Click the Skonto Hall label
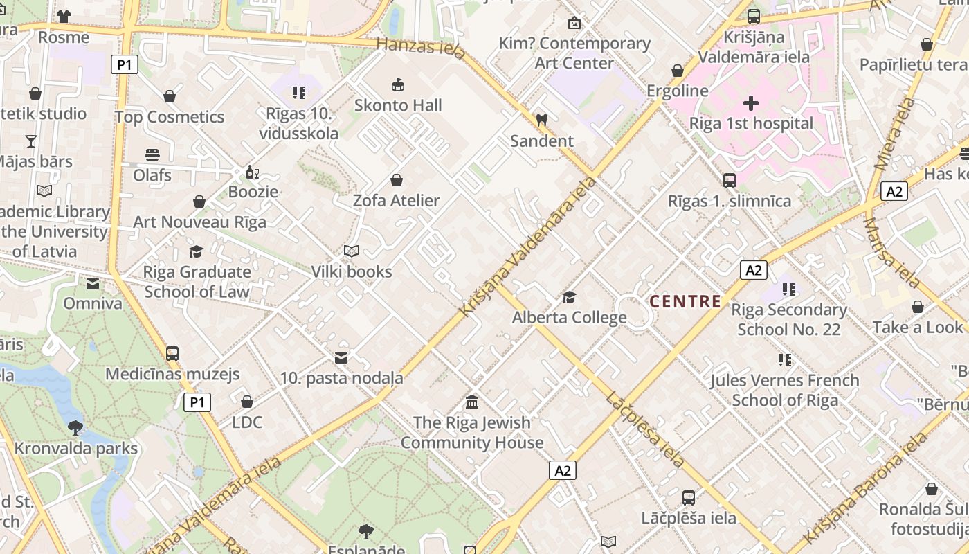click(398, 106)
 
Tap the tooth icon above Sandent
click(542, 120)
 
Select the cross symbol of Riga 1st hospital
click(751, 104)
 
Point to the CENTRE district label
click(685, 301)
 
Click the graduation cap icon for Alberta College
click(569, 297)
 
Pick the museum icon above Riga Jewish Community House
click(473, 402)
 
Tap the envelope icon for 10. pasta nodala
click(341, 358)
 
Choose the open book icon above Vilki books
click(352, 251)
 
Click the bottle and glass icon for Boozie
click(253, 172)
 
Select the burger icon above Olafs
click(152, 154)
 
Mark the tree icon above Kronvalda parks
click(75, 427)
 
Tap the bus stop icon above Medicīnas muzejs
click(172, 353)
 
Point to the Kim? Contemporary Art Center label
click(574, 53)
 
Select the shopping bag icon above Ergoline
click(678, 71)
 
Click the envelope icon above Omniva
click(93, 283)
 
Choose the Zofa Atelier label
click(397, 201)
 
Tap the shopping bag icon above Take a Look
click(918, 307)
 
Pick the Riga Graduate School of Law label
click(197, 282)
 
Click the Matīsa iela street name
click(891, 253)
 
